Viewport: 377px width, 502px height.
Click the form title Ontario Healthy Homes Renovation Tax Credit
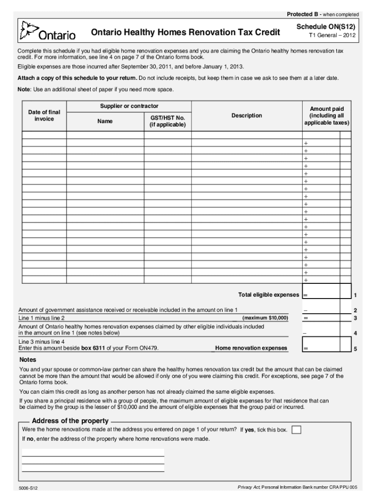tap(186, 32)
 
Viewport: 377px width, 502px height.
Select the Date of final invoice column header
tap(44, 116)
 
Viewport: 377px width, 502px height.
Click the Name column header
tap(105, 121)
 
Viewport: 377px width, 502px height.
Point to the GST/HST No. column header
tap(167, 121)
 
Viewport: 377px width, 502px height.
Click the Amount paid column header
tap(327, 116)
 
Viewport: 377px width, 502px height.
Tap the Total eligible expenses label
tap(268, 295)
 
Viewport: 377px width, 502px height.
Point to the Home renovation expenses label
tap(251, 348)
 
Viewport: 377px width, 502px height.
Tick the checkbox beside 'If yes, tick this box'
tap(296, 430)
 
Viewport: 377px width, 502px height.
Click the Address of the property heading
tap(70, 421)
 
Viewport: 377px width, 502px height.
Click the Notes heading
tap(27, 359)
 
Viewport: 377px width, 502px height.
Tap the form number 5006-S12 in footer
tap(28, 488)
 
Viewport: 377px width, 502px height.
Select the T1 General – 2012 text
tap(332, 36)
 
